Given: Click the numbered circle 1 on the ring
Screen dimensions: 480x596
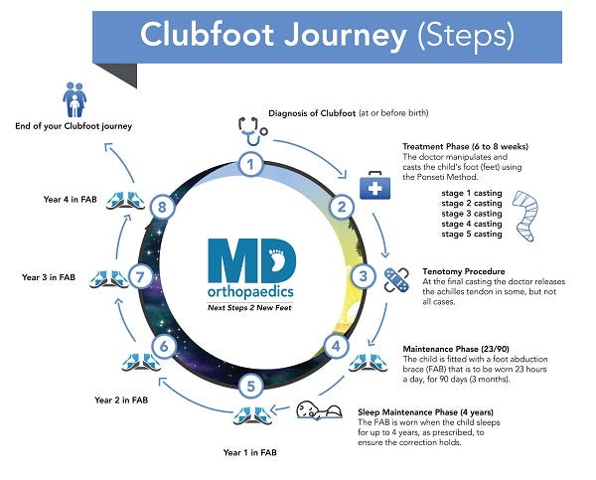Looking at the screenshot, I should click(253, 162).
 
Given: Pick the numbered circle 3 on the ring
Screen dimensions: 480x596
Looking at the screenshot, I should click(365, 275).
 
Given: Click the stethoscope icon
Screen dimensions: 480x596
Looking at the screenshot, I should click(252, 130).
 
